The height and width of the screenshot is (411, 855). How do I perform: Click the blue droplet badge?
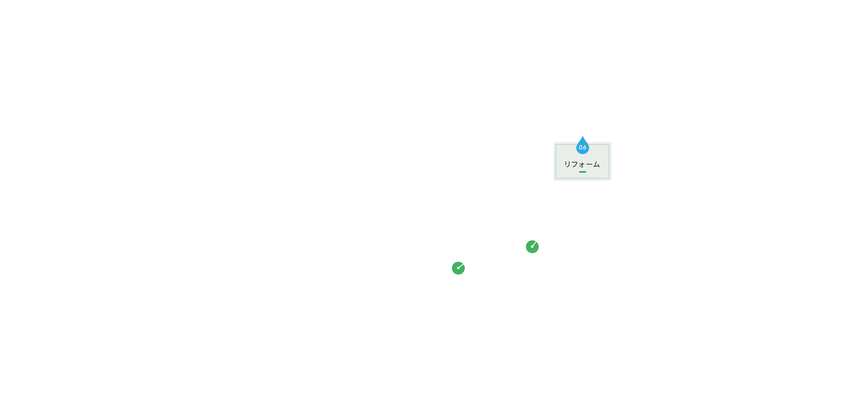[583, 146]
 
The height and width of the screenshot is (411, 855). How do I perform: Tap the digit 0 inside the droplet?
[581, 148]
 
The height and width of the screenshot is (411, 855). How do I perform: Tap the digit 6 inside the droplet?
[584, 148]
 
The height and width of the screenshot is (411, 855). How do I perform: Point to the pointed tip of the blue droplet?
[583, 136]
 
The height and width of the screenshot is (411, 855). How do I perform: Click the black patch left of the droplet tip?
[578, 137]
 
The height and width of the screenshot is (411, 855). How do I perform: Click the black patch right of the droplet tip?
[587, 137]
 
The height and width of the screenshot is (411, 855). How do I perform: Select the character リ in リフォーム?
[567, 164]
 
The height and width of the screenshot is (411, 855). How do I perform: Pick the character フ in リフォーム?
[574, 164]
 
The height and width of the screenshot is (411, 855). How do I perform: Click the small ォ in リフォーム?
[581, 165]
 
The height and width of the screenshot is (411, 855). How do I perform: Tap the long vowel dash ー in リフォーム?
[589, 164]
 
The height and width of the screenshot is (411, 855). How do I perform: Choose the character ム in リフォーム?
[596, 164]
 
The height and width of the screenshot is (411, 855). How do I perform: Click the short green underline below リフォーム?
[583, 172]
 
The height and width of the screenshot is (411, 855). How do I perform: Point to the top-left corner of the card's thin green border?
[556, 145]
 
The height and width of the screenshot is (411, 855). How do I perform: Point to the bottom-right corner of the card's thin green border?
[609, 178]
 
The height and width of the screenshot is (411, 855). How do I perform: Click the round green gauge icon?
[532, 247]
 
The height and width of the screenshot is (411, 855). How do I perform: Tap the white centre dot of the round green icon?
[532, 247]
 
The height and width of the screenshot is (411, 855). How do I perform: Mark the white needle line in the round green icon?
[534, 244]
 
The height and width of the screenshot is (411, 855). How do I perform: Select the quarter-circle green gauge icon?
[458, 268]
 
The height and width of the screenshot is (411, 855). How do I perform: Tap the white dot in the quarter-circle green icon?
[458, 268]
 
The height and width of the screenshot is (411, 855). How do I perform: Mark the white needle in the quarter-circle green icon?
[461, 266]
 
